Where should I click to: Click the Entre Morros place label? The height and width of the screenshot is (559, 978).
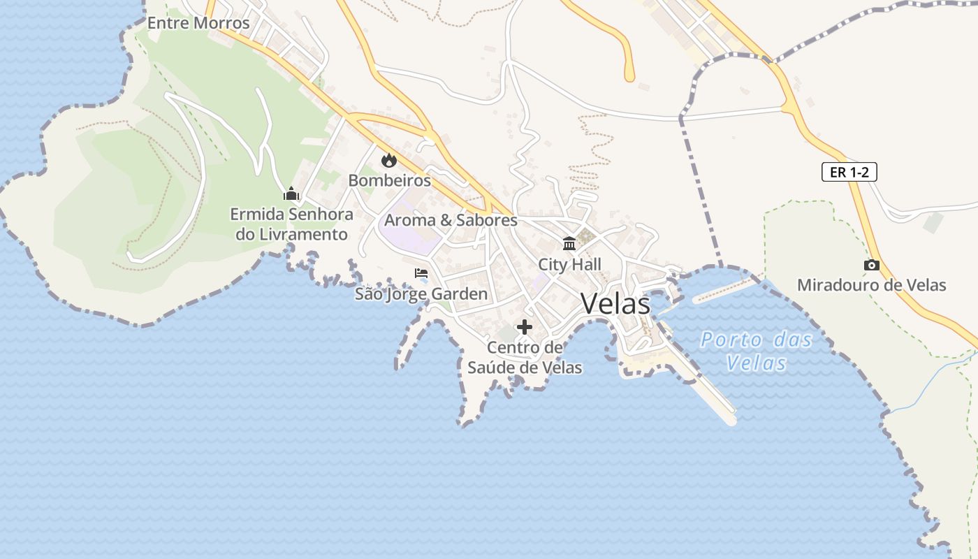coord(198,23)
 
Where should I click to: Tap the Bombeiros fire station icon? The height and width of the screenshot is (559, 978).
coord(388,160)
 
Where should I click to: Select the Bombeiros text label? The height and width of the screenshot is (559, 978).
coord(389,180)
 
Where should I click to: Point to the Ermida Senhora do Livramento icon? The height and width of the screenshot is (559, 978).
coord(291,194)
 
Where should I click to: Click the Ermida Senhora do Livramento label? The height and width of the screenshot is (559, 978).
coord(291,224)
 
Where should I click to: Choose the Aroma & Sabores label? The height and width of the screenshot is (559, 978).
coord(451,220)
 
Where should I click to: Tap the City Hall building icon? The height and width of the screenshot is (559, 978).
coord(569,244)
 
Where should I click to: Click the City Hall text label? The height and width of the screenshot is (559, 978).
coord(569,264)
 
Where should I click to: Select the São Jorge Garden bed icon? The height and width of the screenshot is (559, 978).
coord(421,273)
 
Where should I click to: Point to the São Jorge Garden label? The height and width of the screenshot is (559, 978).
coord(421,293)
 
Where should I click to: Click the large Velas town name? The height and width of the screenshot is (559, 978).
coord(615,303)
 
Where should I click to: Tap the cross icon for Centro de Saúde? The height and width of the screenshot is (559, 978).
coord(524,327)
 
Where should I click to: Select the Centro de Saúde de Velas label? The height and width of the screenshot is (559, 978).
coord(524,357)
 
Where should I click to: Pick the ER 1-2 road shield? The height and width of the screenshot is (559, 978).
coord(849,172)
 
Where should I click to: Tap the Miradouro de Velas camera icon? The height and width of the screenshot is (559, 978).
coord(871,265)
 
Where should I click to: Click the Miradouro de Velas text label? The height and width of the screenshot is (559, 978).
coord(871,285)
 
